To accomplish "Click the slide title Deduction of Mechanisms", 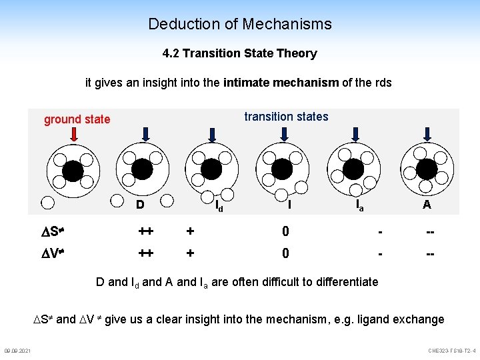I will (x=239, y=25).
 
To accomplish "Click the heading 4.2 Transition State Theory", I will (x=239, y=53).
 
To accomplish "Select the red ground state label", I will (x=77, y=119).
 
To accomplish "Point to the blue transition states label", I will (x=286, y=117).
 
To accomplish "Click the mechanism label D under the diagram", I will (x=140, y=204).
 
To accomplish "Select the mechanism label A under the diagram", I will (x=426, y=205).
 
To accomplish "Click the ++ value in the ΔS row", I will (x=146, y=231).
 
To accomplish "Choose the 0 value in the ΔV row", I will (x=285, y=253).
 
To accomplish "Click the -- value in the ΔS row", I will (x=431, y=231).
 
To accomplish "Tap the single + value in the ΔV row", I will (x=191, y=253).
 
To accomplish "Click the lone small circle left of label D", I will (x=47, y=203).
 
